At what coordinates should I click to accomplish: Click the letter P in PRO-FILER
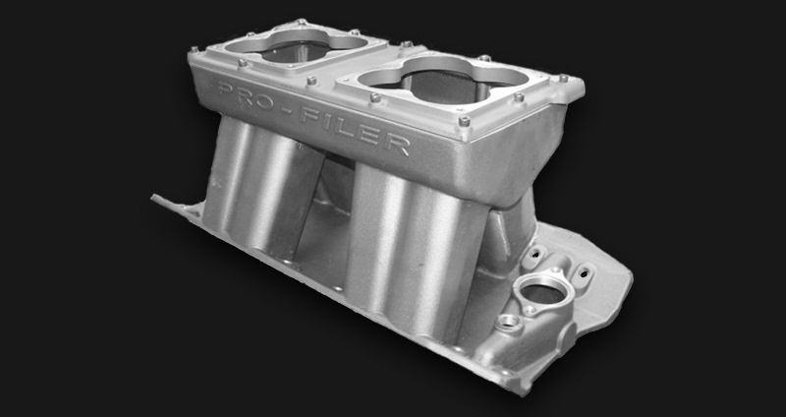[x=227, y=90]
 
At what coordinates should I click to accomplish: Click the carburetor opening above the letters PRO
[x=296, y=45]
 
